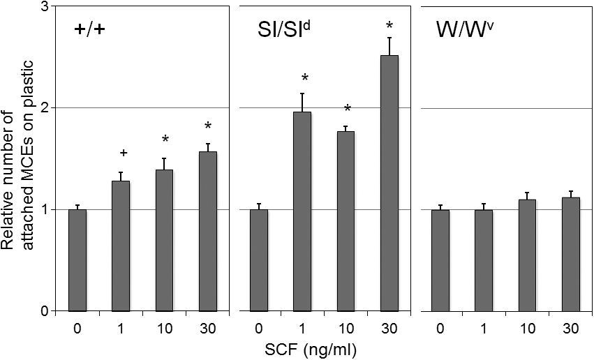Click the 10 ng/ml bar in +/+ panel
[164, 240]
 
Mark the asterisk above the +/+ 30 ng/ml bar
[207, 126]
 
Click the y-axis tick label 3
[43, 7]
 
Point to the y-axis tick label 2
[43, 108]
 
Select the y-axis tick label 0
[43, 311]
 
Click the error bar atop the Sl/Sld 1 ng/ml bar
[302, 102]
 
